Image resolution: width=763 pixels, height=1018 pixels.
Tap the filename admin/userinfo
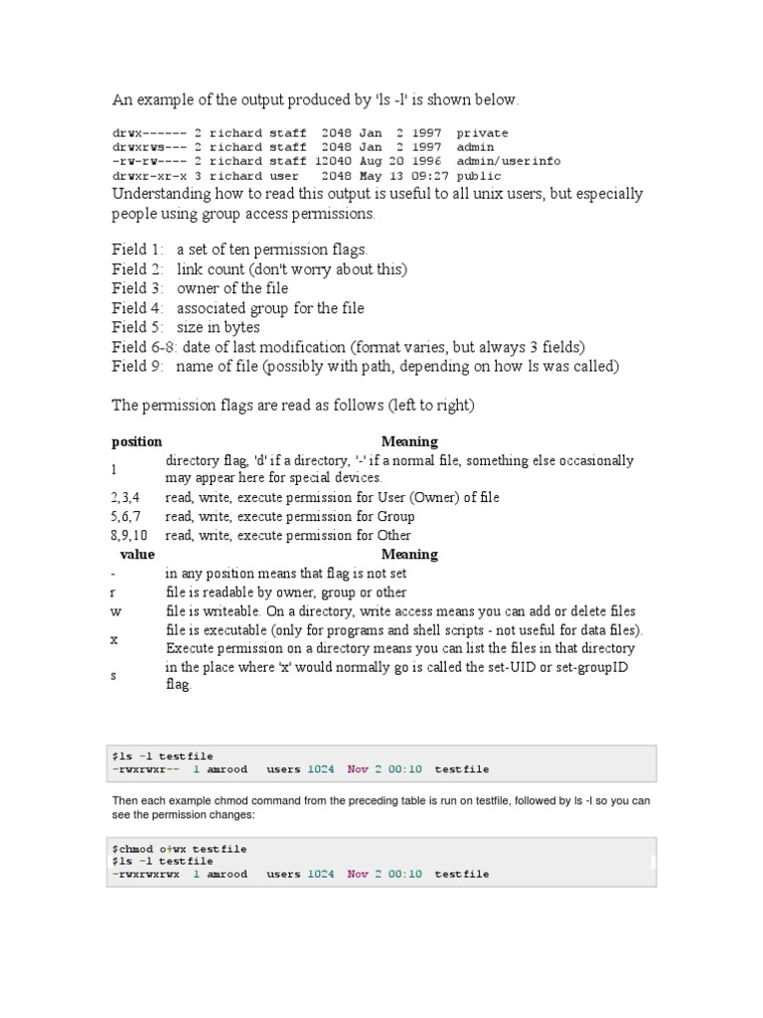point(508,161)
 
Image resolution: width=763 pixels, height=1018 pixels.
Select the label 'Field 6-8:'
point(143,347)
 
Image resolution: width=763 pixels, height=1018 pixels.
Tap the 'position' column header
point(136,441)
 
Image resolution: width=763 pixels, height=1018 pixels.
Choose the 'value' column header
point(137,554)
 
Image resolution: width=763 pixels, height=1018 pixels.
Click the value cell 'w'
point(115,611)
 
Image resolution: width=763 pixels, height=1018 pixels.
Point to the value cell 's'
point(114,675)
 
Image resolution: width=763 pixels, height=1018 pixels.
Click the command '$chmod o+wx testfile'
point(179,849)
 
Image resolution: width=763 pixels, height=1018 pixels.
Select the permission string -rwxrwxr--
point(146,769)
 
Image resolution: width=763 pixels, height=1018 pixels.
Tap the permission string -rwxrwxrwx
point(146,874)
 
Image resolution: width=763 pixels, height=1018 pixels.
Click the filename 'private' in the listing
point(482,133)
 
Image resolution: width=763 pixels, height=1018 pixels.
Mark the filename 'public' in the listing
point(478,175)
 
